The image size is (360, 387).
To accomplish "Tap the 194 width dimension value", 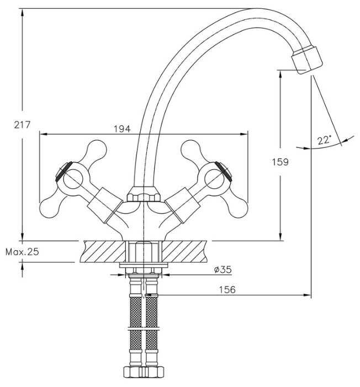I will coord(121,129).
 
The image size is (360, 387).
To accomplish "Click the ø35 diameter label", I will coord(223,269).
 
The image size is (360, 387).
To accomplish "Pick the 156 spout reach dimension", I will coord(227,290).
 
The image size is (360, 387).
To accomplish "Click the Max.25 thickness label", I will coord(22,252).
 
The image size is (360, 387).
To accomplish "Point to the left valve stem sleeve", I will coord(103,204).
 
